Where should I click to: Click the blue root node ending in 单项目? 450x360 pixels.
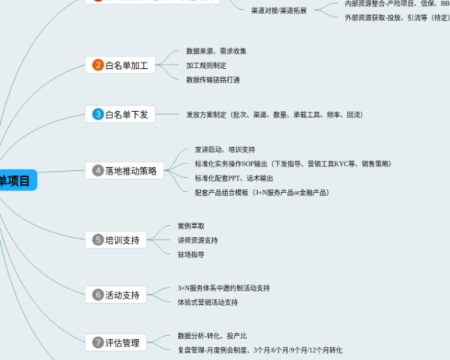(x=16, y=181)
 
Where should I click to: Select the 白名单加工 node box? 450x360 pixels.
(x=121, y=65)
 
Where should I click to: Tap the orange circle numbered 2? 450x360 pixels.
(x=97, y=65)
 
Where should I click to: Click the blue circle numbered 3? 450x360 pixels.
(x=97, y=114)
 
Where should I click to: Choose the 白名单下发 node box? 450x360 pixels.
(x=121, y=114)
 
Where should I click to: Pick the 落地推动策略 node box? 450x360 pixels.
(x=124, y=170)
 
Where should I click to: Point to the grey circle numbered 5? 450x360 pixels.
(x=97, y=240)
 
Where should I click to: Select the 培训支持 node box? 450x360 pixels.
(x=116, y=240)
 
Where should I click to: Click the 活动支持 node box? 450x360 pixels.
(x=116, y=295)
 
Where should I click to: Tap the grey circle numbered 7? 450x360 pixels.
(x=97, y=343)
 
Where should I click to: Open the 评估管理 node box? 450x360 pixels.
(x=116, y=343)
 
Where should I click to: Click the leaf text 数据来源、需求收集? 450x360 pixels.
(x=216, y=51)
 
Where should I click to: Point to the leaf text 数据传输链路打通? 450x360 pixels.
(x=213, y=79)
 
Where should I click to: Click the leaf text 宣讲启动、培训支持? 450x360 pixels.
(x=224, y=149)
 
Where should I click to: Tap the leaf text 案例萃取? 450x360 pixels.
(x=190, y=226)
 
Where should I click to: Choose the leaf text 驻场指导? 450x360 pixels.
(x=190, y=254)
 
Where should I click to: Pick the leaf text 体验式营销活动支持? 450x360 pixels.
(x=207, y=302)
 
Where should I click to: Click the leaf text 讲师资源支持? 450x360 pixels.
(x=198, y=240)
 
